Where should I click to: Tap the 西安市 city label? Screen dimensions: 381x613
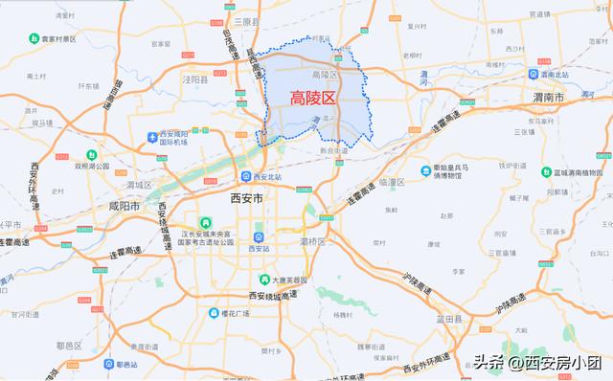(249, 198)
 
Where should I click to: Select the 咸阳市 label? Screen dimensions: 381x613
(124, 206)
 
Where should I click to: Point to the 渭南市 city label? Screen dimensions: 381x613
(549, 98)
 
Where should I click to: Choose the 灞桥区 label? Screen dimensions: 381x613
(313, 241)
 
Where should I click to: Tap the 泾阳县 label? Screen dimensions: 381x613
(194, 80)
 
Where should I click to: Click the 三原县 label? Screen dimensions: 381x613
(248, 22)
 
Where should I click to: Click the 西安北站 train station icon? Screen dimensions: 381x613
(246, 176)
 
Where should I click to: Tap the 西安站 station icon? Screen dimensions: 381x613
(257, 237)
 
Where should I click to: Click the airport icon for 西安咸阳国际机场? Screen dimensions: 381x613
(153, 138)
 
